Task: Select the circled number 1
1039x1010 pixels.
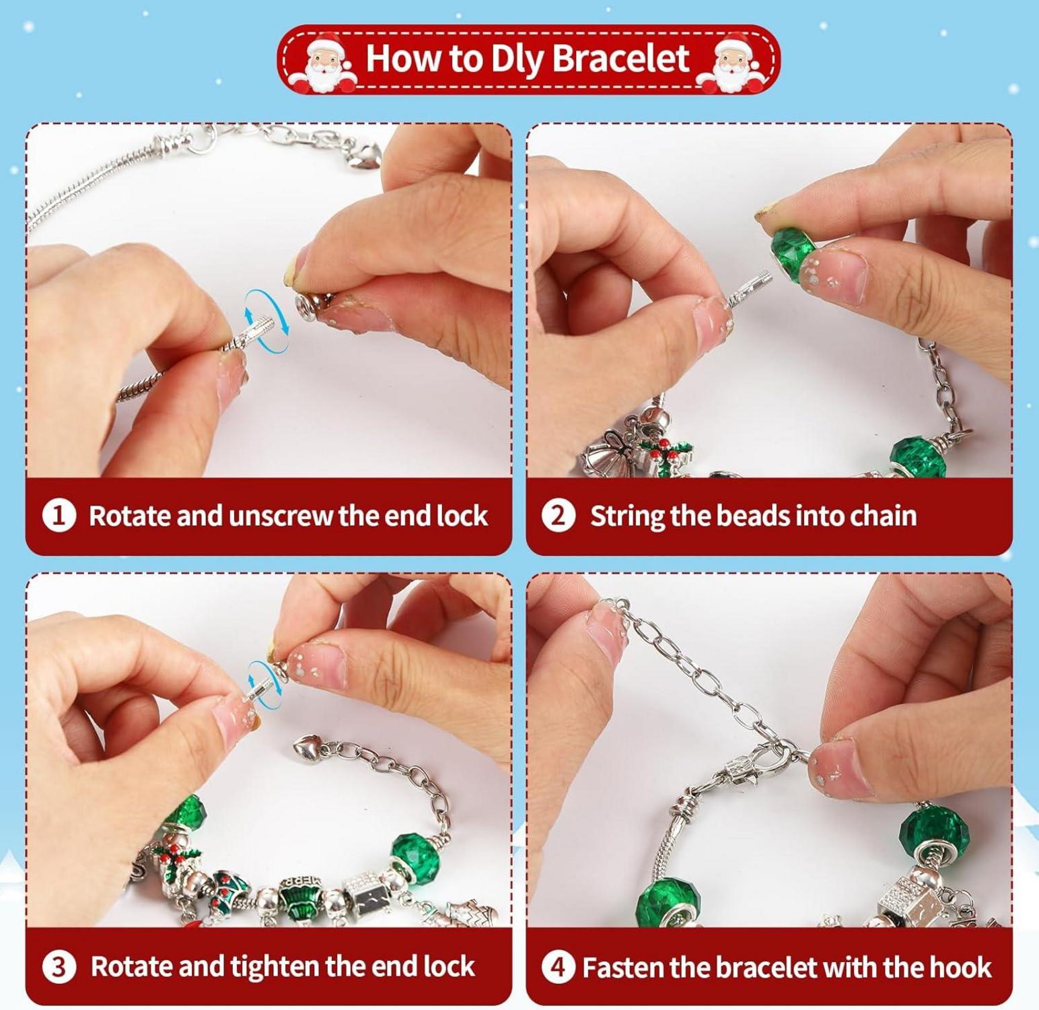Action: point(59,516)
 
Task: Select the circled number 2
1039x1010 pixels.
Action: point(559,516)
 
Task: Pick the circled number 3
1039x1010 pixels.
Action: point(59,968)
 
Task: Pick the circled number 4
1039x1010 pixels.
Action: point(559,968)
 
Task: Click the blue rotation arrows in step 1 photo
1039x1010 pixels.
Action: point(266,321)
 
